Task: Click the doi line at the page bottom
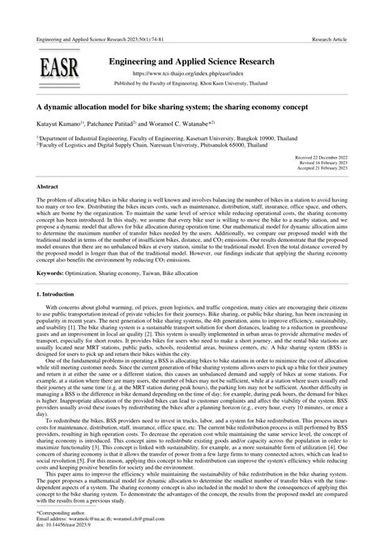click(67, 526)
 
